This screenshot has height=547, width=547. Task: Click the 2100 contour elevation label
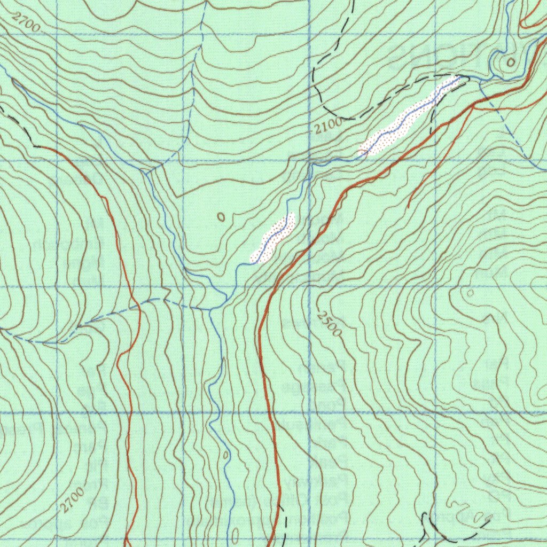click(327, 127)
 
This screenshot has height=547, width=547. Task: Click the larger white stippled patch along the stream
click(409, 117)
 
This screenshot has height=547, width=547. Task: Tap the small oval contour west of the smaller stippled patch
click(222, 216)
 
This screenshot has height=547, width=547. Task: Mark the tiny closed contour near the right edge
click(470, 292)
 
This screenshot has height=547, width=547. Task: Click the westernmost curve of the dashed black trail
click(315, 80)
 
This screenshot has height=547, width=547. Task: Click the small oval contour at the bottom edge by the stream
click(235, 536)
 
